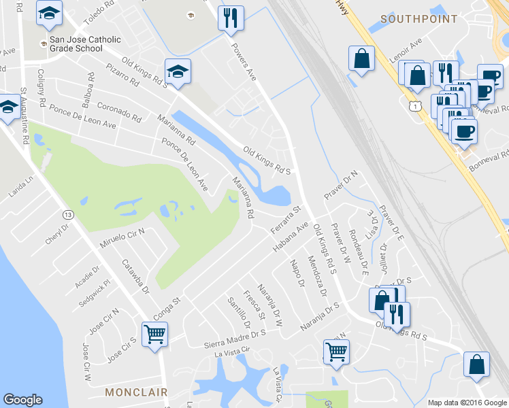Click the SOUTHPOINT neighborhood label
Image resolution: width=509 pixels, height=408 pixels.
point(418,19)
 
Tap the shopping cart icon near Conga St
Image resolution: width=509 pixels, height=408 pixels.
point(154,335)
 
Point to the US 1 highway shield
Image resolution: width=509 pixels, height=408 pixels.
point(416,106)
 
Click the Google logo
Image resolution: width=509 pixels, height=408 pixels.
point(22,400)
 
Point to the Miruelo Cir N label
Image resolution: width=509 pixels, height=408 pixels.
point(122,241)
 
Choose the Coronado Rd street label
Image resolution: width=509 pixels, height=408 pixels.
point(119,112)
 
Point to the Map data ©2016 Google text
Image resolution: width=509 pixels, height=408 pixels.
point(467,403)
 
